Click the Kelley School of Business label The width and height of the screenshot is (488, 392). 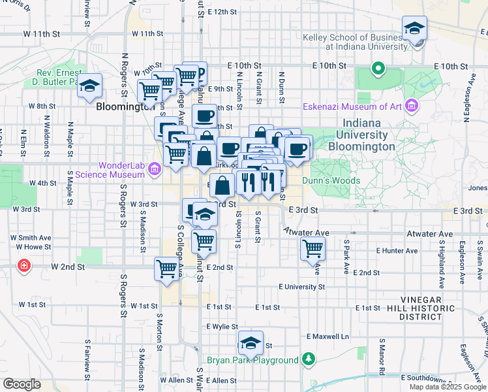(355, 42)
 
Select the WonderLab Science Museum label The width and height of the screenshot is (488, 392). (110, 170)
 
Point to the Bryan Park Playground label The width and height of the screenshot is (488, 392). (252, 360)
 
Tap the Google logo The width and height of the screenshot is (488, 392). (22, 384)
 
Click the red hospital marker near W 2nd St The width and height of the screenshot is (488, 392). (25, 267)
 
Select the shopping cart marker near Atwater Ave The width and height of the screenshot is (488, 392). (313, 248)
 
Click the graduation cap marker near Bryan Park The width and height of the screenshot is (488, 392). (251, 342)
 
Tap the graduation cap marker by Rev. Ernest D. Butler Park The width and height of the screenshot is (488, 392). (89, 86)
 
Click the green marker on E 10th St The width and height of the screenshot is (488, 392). (378, 68)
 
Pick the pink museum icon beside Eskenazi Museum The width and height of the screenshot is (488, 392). (411, 106)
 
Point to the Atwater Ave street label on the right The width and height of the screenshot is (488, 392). (429, 233)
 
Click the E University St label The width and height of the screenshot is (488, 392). (301, 287)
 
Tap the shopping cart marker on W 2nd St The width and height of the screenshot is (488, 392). (167, 268)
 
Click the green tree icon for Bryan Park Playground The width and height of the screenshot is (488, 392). (309, 359)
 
